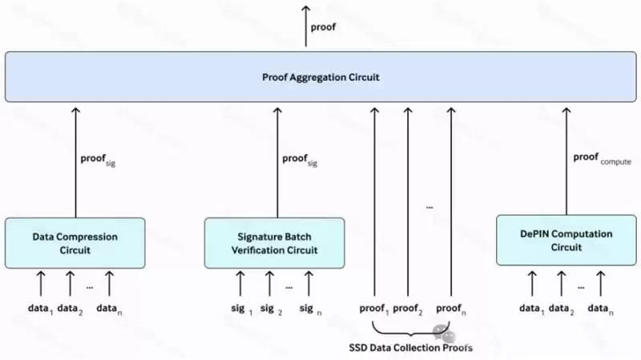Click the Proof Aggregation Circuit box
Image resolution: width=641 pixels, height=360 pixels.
coord(320,77)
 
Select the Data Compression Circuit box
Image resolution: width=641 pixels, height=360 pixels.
coord(75,243)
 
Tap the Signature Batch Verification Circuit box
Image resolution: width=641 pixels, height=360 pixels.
coord(274,243)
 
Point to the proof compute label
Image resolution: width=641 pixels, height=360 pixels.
coord(601,158)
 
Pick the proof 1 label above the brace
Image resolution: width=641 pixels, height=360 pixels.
coord(374,309)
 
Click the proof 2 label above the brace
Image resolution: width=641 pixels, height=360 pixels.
coord(408,309)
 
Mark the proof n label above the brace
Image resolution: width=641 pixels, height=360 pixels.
coord(450,309)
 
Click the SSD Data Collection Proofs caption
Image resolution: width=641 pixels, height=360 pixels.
coord(410,347)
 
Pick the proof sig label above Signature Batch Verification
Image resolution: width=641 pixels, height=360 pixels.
coord(299,160)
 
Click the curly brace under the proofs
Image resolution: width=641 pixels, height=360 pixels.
coord(411,330)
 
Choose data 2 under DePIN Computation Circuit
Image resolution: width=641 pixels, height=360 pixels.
coord(563,309)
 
